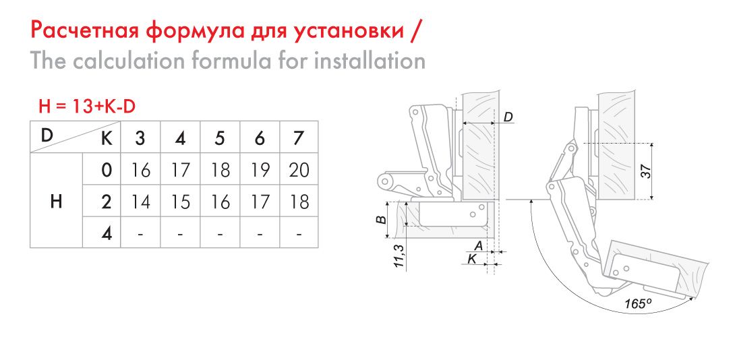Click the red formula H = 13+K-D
pos(87,107)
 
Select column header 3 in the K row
pos(140,138)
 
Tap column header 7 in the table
pos(299,138)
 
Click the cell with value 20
pos(299,170)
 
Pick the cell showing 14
pos(140,202)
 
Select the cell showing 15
pos(180,202)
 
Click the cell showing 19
pos(259,170)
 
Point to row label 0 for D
pos(107,170)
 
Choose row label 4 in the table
pos(107,233)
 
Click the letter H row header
pos(56,202)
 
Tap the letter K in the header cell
pos(107,138)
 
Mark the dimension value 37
pos(647,172)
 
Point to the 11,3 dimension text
pos(399,256)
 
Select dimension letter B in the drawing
pos(382,219)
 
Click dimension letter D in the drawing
pos(508,117)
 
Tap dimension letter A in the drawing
pos(479,245)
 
